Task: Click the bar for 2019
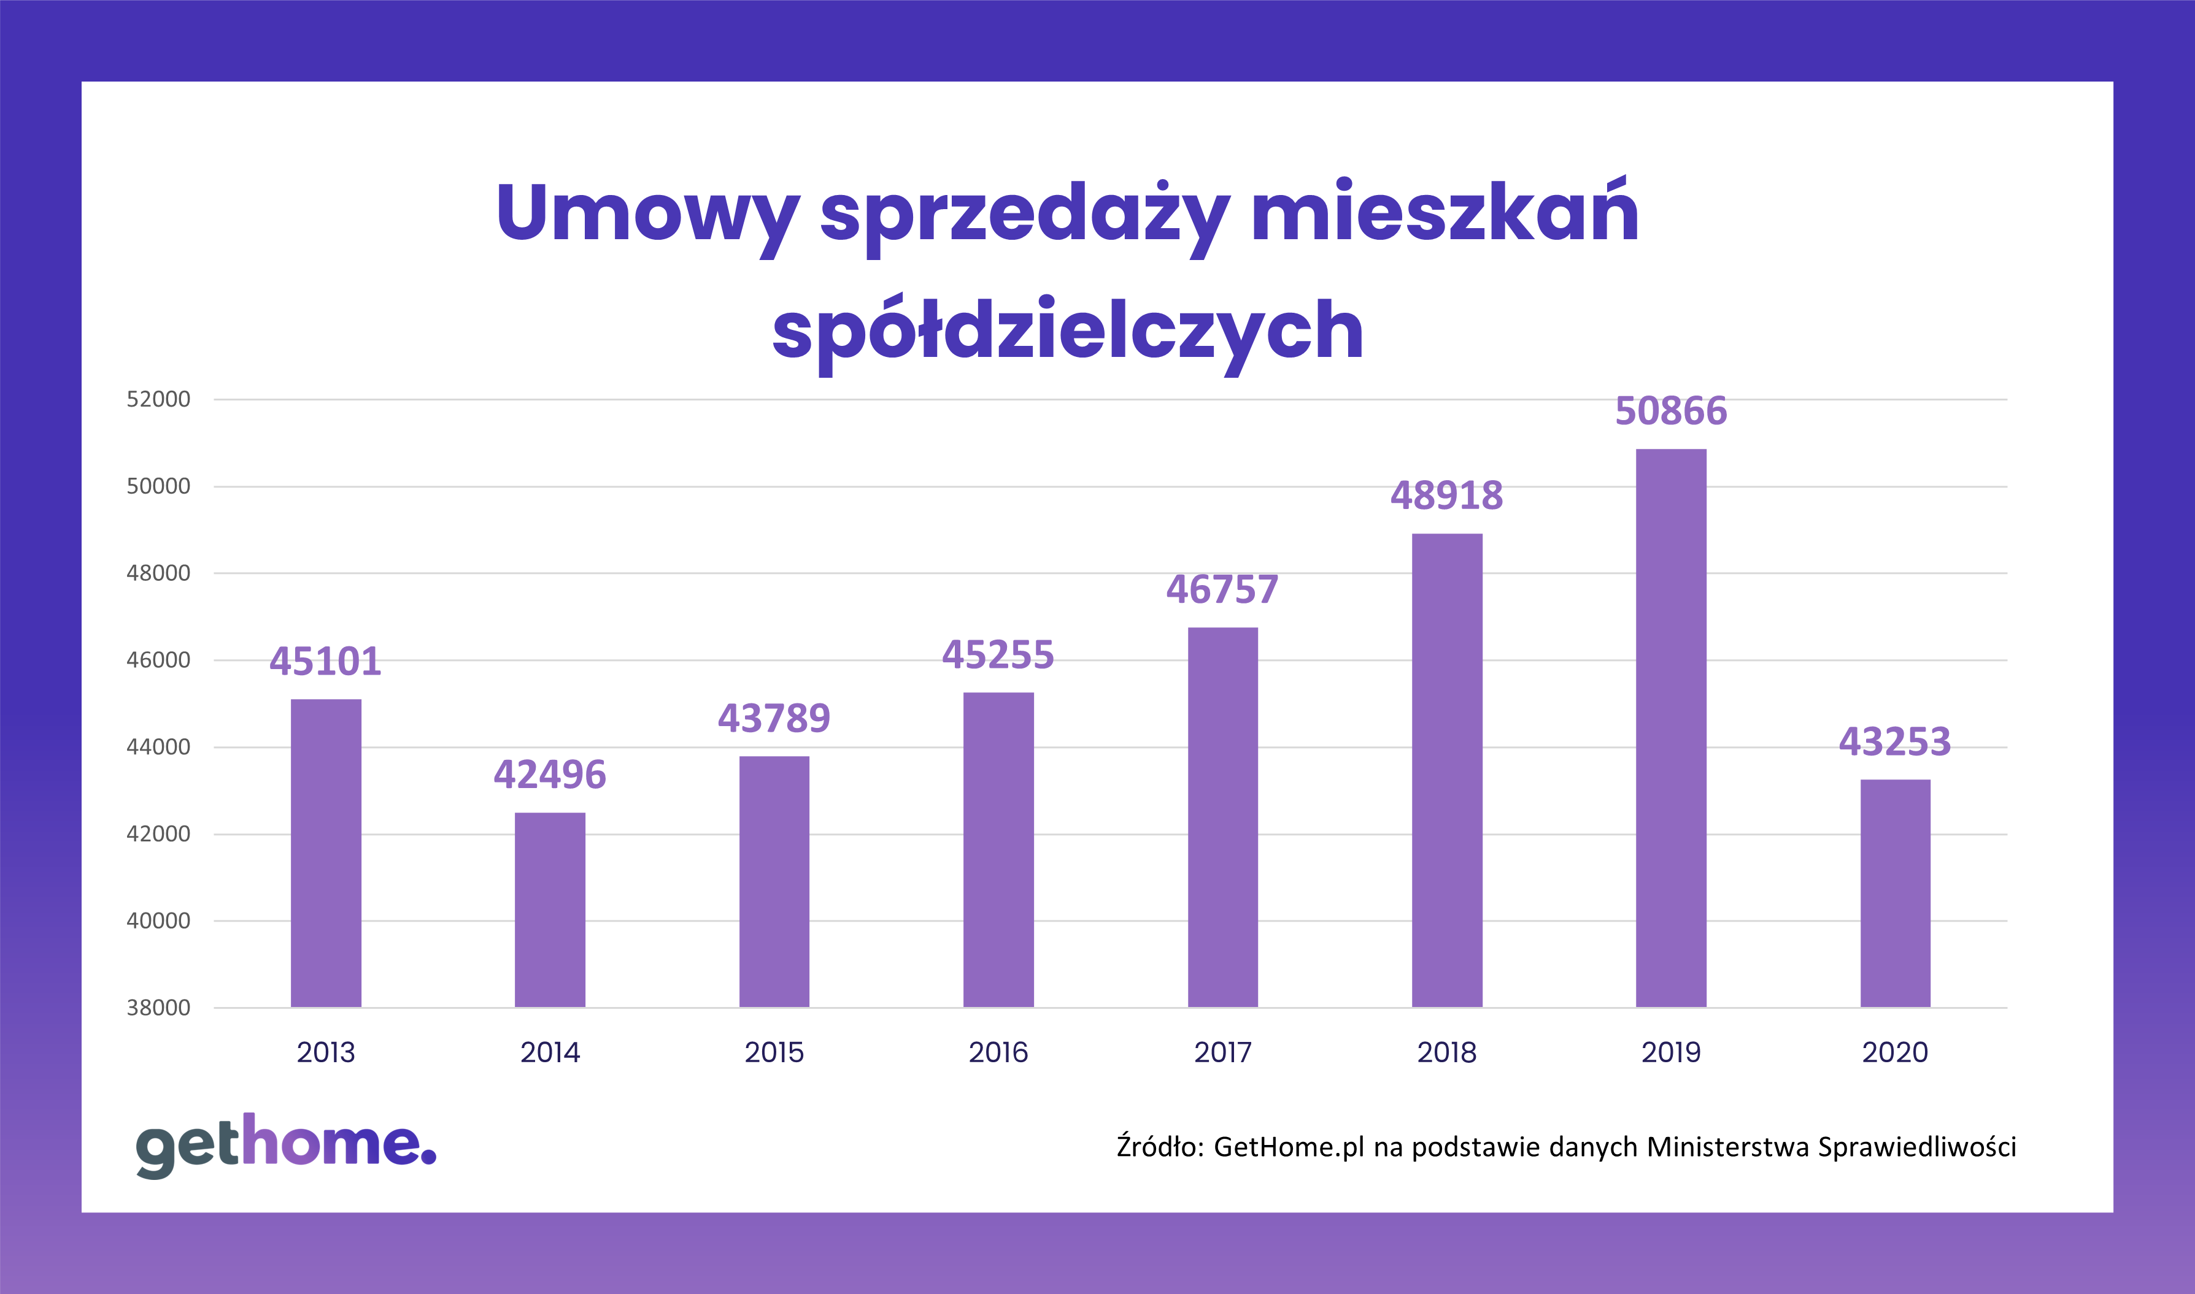1671,728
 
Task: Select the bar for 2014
550,909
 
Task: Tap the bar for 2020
1895,893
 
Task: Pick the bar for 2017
1222,817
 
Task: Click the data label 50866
1671,411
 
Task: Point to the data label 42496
550,775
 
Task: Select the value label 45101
325,661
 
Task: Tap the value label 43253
1895,742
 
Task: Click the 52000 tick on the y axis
158,399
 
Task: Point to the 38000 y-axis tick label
158,1008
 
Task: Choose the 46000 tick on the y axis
158,660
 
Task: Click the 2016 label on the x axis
998,1052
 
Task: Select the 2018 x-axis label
1446,1052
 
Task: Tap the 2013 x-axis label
325,1052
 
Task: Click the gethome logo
285,1145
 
